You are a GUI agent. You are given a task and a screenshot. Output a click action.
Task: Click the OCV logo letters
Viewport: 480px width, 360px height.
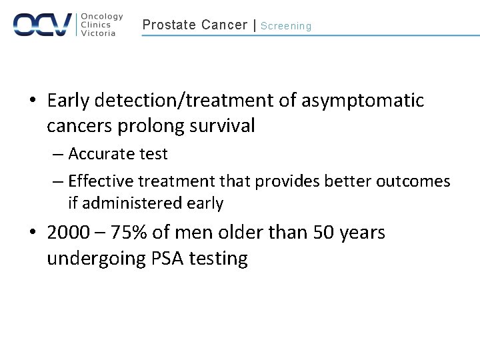pyautogui.click(x=42, y=25)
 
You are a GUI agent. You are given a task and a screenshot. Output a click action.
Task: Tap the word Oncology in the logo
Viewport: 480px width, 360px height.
pyautogui.click(x=102, y=17)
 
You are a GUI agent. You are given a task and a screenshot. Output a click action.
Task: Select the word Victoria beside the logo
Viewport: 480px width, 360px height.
pyautogui.click(x=98, y=33)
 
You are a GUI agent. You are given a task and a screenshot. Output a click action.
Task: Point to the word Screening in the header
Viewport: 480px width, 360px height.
pyautogui.click(x=286, y=26)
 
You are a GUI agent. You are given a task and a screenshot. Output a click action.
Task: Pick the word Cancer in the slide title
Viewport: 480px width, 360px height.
pyautogui.click(x=224, y=25)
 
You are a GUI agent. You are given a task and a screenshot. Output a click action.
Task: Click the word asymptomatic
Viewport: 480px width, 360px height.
pyautogui.click(x=363, y=101)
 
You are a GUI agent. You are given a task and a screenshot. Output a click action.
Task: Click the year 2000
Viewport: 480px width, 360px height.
pyautogui.click(x=68, y=233)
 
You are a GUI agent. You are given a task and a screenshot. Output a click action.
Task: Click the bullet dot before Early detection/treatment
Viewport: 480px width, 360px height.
pyautogui.click(x=33, y=101)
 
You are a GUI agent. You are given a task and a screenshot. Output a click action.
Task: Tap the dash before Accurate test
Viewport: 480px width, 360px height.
pyautogui.click(x=57, y=155)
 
